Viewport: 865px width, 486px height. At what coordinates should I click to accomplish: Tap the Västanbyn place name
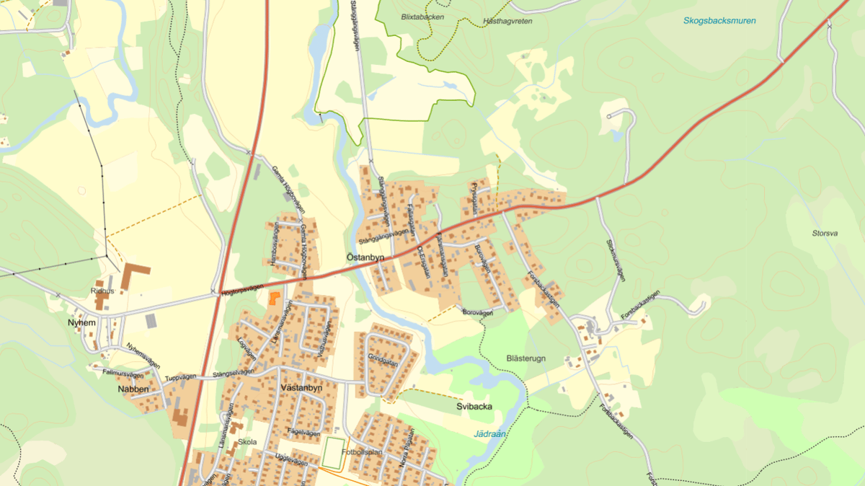coord(299,387)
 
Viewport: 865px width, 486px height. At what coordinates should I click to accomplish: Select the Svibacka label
coord(474,407)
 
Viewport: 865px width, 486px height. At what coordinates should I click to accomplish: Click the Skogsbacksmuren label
coord(719,21)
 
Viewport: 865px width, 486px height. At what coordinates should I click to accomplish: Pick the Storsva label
coord(824,234)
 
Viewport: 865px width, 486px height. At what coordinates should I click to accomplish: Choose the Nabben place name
coord(133,389)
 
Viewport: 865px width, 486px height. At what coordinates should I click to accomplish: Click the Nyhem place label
coord(81,322)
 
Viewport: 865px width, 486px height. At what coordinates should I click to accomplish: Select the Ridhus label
coord(102,291)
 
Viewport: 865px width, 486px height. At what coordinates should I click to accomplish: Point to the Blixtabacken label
coord(422,17)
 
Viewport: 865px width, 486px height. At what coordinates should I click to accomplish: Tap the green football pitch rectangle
coord(332,453)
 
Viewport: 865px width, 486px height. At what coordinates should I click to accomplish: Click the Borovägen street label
coord(477,312)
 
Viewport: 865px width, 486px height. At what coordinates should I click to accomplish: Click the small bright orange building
coord(273,299)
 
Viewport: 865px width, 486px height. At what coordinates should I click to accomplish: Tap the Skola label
coord(247,442)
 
